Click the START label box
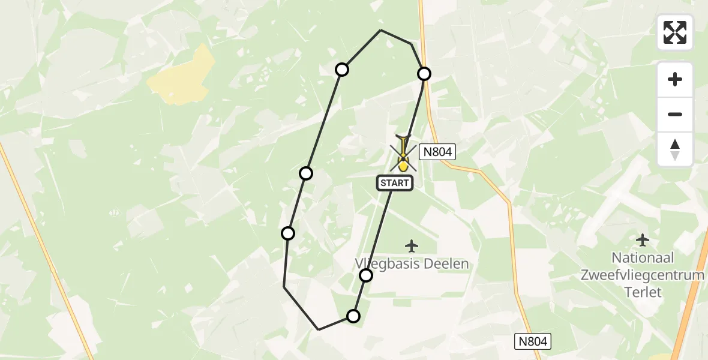394,183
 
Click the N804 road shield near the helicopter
437,152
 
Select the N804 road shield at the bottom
533,341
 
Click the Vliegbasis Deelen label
412,264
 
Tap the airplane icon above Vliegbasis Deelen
412,245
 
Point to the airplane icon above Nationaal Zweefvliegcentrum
643,240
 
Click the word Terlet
642,292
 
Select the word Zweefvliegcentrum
642,275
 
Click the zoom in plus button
675,79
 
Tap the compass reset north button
675,149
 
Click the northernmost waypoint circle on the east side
424,74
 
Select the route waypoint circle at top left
342,70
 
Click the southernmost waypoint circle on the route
353,316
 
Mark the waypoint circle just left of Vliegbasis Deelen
366,275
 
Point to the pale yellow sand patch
182,76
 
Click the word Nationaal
643,258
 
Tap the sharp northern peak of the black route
380,30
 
